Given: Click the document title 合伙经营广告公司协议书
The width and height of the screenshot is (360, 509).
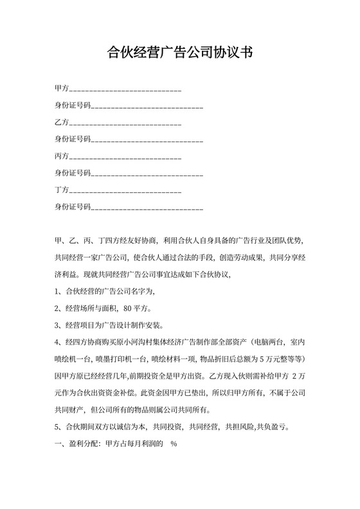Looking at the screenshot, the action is (x=180, y=53).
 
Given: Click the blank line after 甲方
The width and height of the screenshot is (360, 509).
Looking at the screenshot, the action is (x=125, y=88).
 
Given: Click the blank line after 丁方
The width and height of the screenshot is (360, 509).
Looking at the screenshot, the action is (x=125, y=192).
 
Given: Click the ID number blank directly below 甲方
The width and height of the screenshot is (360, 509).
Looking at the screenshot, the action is (x=147, y=105).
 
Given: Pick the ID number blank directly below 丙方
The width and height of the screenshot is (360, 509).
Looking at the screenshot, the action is (x=147, y=175).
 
